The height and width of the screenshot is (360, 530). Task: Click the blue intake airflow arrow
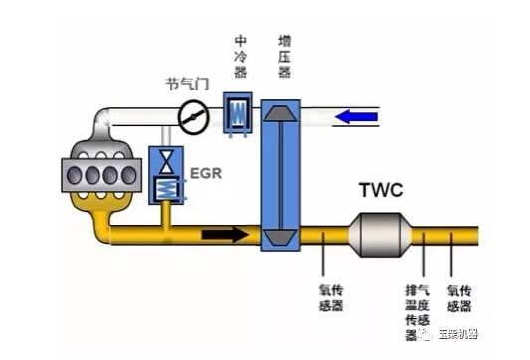tap(356, 117)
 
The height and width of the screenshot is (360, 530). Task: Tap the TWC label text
tap(381, 190)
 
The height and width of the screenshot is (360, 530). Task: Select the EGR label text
tap(206, 173)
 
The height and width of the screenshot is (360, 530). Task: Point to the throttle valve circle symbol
tap(193, 117)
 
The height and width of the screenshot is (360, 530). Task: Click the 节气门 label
tap(187, 84)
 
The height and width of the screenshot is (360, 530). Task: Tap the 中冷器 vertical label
tap(241, 56)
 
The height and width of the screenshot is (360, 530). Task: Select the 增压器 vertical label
tap(285, 56)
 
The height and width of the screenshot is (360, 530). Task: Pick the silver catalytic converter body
tap(380, 235)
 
